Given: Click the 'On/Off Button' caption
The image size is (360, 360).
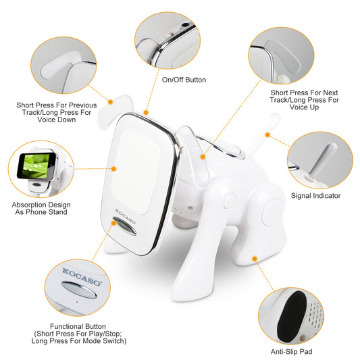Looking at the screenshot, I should tap(184, 80).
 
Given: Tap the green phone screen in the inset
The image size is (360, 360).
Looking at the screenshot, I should tap(36, 162).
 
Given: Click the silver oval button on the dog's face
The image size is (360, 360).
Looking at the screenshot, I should tap(126, 228).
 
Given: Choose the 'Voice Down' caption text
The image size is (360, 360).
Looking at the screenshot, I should tap(56, 120).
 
